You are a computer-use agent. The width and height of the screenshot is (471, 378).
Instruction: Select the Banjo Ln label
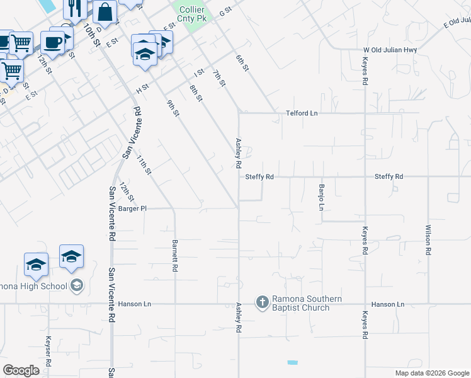tap(321, 198)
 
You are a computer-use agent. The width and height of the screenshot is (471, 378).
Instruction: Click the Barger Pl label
tap(132, 208)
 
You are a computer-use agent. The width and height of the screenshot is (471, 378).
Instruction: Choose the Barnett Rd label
tap(175, 255)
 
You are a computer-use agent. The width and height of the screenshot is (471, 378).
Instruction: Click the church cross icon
tap(263, 303)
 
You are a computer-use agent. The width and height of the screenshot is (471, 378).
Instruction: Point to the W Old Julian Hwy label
tap(390, 50)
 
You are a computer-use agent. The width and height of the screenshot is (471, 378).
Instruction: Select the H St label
tap(142, 88)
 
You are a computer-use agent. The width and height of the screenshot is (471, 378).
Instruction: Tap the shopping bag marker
tap(105, 11)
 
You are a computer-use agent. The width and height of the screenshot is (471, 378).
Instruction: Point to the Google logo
tap(21, 370)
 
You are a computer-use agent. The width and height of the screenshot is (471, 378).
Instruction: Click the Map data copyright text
tap(431, 373)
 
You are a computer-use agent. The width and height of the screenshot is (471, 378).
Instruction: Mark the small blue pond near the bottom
tap(292, 363)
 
